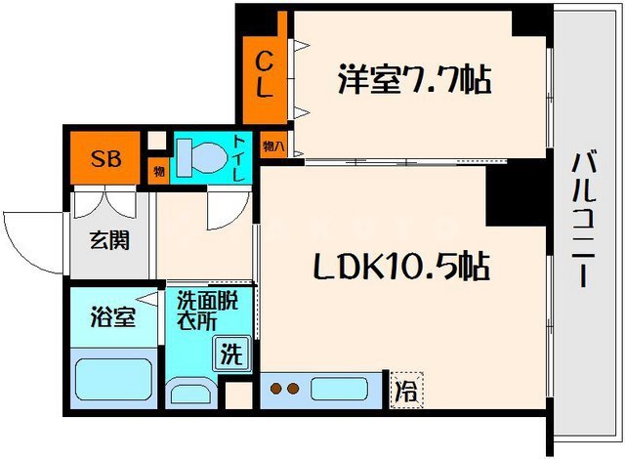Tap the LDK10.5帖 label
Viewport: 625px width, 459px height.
pos(401,266)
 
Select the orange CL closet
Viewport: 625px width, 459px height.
pos(265,80)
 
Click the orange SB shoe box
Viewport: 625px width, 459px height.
pos(105,158)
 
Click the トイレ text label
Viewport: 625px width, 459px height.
pos(238,158)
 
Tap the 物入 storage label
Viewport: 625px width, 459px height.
pos(273,146)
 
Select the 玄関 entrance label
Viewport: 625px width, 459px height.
pos(109,240)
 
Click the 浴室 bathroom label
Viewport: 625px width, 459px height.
pos(113,317)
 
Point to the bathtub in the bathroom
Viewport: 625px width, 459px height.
pos(113,379)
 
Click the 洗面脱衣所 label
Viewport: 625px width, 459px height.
pos(207,310)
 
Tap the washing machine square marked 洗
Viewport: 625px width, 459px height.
pos(232,354)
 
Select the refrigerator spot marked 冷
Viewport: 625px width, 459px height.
pos(406,391)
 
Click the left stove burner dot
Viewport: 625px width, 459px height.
pos(275,388)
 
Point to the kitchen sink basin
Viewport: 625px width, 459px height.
pos(339,389)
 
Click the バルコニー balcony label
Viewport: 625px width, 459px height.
pos(584,219)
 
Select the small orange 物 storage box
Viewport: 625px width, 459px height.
pos(158,171)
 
